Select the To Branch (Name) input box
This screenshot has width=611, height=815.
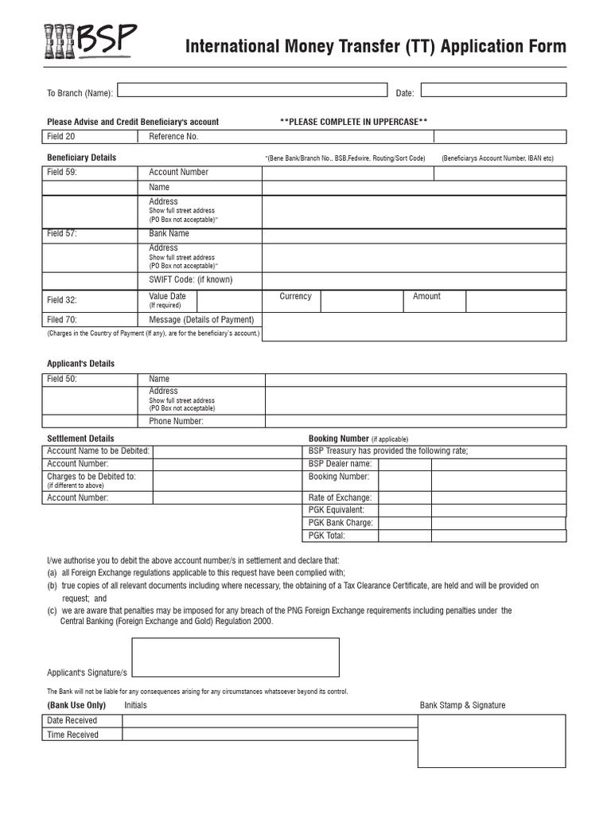pos(252,91)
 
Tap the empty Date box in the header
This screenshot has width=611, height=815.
pos(493,91)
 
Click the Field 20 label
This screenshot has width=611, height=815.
pos(61,137)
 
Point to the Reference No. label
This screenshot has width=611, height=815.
pos(173,137)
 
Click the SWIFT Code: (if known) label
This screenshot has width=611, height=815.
pos(191,280)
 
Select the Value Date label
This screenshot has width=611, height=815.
pos(167,297)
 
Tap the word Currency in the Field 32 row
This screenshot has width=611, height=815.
pos(295,297)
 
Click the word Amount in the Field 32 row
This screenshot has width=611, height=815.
pos(426,297)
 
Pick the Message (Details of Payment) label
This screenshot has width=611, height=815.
pos(201,320)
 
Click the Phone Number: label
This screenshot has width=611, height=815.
pos(176,422)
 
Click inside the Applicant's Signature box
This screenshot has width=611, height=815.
pos(235,657)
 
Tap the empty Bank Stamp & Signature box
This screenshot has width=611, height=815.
pos(492,741)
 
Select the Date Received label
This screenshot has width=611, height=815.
pos(72,721)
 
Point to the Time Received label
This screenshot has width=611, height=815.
pos(72,735)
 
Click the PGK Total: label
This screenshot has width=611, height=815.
pos(327,536)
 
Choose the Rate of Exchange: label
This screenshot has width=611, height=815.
pos(340,497)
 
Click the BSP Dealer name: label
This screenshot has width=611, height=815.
pos(340,463)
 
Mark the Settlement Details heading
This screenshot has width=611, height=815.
pos(80,439)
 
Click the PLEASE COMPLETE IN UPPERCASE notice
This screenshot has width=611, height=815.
pos(353,122)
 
